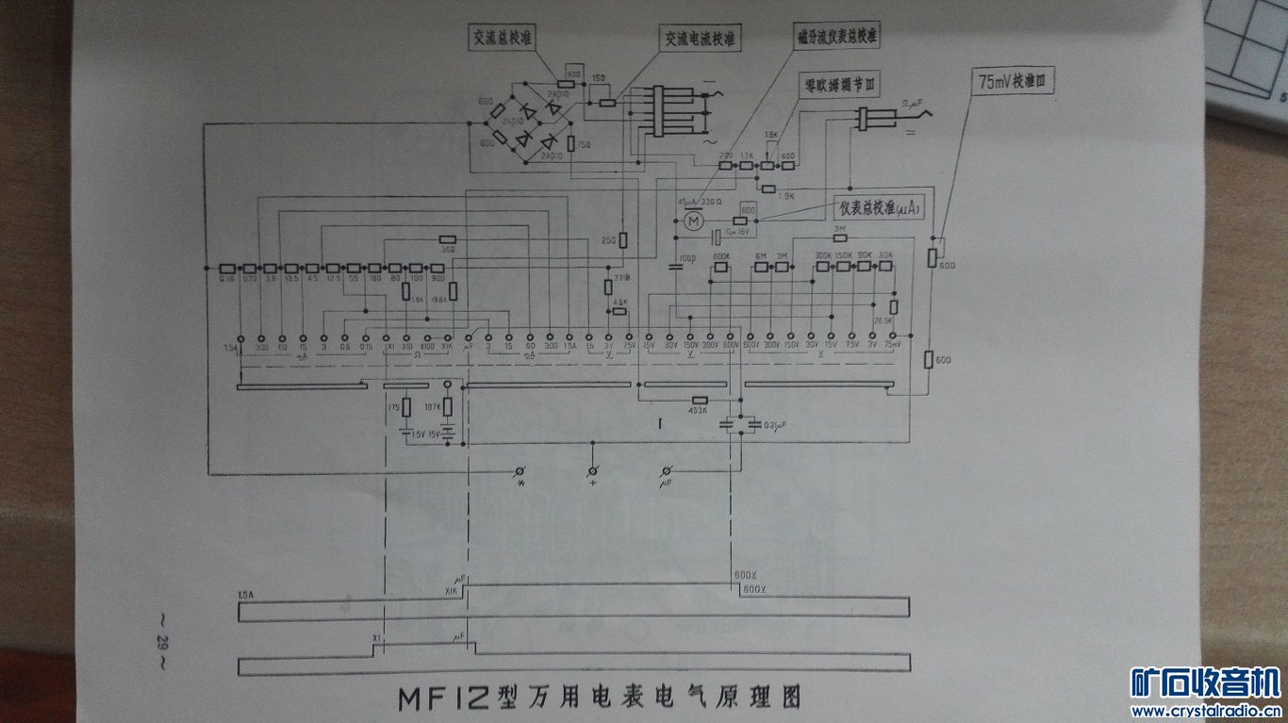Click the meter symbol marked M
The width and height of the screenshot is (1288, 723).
(693, 221)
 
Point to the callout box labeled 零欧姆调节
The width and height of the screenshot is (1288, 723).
(838, 83)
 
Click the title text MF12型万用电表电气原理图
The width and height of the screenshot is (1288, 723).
(599, 698)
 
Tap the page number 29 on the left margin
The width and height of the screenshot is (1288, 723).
(161, 645)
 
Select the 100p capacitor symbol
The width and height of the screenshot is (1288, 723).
(674, 267)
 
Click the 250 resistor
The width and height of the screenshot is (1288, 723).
(623, 240)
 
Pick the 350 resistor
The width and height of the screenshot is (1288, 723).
(448, 240)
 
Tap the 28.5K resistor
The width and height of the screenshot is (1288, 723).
(894, 307)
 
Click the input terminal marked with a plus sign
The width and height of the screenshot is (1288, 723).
(593, 469)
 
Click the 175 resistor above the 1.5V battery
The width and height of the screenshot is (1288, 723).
(406, 408)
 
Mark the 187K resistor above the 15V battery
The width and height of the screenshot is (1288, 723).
(448, 408)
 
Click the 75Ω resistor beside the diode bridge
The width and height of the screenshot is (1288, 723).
(571, 143)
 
